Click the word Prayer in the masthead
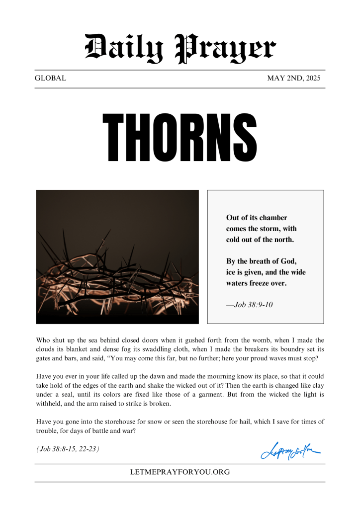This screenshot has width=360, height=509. tap(226, 49)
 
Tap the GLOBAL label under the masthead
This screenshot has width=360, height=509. tap(50, 78)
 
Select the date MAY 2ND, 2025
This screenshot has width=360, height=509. tap(294, 78)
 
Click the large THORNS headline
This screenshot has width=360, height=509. tap(180, 137)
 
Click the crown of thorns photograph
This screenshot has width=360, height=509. tap(117, 256)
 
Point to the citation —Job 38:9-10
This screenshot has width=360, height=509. tap(249, 304)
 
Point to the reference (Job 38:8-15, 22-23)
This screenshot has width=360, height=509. tap(68, 449)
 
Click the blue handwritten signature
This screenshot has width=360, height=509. tap(290, 451)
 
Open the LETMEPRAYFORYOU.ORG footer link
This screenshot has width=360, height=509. tap(180, 472)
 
